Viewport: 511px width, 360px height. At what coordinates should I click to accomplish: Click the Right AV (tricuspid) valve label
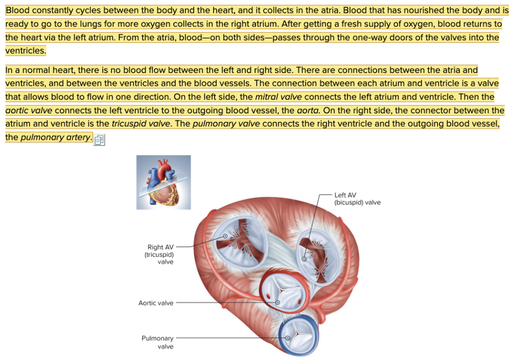[160, 254]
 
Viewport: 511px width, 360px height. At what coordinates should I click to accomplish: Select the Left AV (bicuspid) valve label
[357, 199]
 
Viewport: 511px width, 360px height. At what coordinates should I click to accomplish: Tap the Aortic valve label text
[156, 303]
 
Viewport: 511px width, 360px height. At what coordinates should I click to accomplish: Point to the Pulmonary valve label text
[158, 342]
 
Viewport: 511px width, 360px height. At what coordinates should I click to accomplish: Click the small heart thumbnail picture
[164, 182]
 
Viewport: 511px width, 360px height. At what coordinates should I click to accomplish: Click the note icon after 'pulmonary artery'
[99, 139]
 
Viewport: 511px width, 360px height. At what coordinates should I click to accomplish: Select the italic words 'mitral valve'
[278, 97]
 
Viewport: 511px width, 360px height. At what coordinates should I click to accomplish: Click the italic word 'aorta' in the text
[308, 110]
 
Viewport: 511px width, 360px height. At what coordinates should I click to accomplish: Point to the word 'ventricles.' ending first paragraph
[26, 51]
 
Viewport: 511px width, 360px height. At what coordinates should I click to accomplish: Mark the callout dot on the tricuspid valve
[225, 236]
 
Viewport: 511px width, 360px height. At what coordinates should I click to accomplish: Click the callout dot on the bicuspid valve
[304, 259]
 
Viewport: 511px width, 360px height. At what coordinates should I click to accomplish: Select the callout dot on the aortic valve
[278, 303]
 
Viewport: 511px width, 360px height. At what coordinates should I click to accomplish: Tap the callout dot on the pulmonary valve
[288, 338]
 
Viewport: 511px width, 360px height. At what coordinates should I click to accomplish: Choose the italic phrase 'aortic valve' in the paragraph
[29, 110]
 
